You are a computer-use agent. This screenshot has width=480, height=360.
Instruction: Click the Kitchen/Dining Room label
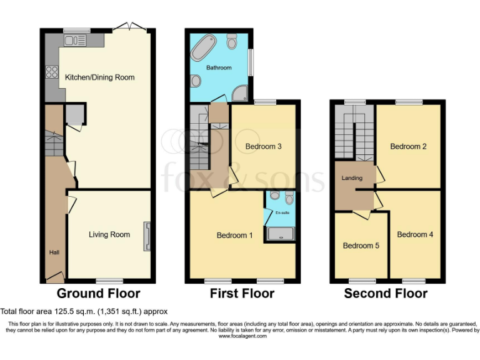coord(100,77)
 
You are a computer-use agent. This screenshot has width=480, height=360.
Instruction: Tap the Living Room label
coord(109,234)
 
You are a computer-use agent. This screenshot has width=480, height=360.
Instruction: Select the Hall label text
coord(54,252)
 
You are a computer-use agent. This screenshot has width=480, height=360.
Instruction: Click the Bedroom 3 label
coord(263,146)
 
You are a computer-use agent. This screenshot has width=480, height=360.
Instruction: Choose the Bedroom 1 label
coord(234,236)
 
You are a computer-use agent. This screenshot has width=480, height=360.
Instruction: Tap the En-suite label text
coord(282,213)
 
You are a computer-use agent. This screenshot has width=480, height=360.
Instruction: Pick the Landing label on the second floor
coord(352,178)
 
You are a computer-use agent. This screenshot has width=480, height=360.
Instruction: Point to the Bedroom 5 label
coord(361,246)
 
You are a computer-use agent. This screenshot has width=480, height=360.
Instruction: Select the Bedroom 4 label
coord(414,234)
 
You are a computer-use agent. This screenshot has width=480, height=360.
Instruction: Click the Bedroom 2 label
coord(408,146)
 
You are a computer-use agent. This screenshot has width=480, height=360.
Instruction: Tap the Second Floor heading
coord(386,293)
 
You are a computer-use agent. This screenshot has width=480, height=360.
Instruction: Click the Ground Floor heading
coord(98,293)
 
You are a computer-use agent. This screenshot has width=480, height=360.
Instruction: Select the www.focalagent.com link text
coord(242,336)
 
